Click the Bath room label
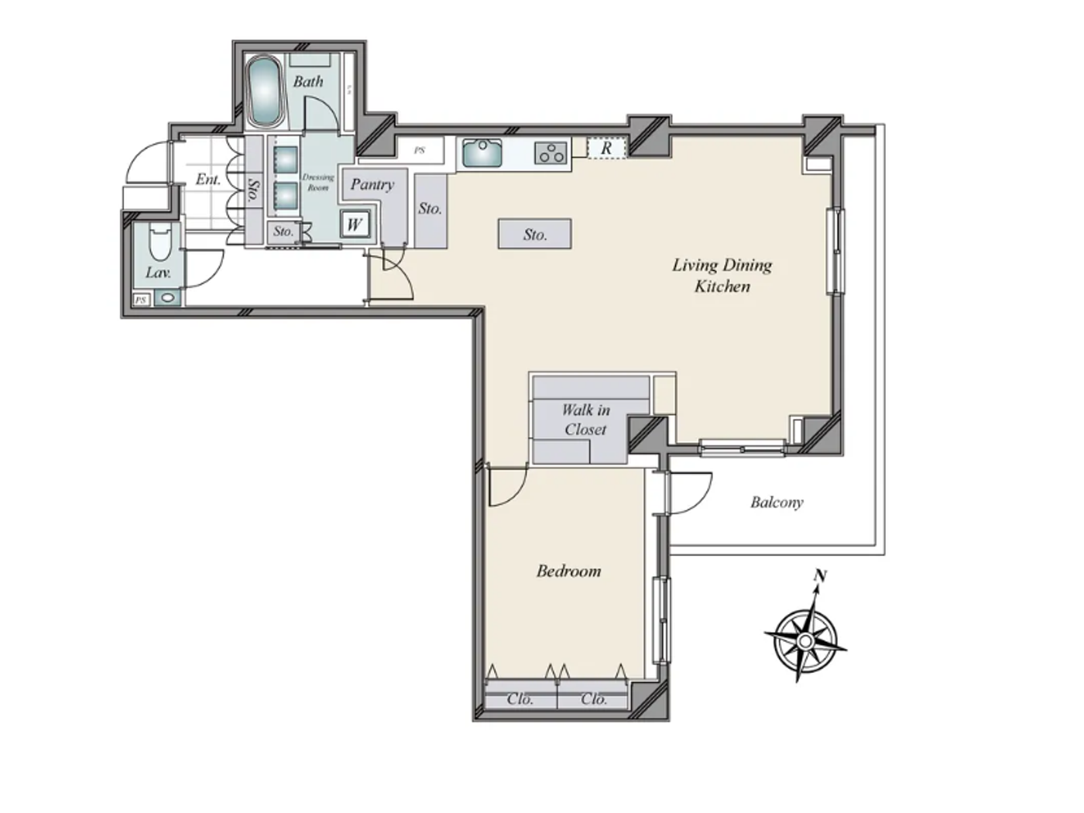(x=307, y=81)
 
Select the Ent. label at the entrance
(x=208, y=180)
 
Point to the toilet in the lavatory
(x=160, y=242)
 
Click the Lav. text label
(x=158, y=273)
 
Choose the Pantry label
(x=372, y=184)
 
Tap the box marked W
(x=355, y=225)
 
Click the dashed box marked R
(x=606, y=147)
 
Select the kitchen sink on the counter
(x=482, y=153)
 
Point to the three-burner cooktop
(x=551, y=153)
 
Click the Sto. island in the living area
(x=534, y=234)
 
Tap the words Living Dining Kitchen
(x=722, y=276)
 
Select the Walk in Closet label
(x=585, y=420)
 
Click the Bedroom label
(x=568, y=571)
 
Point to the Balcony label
(x=777, y=503)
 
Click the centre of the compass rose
(x=805, y=641)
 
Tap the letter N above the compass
(x=820, y=576)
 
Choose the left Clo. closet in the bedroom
(x=520, y=698)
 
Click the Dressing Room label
(x=317, y=182)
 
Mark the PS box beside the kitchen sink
(x=420, y=150)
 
